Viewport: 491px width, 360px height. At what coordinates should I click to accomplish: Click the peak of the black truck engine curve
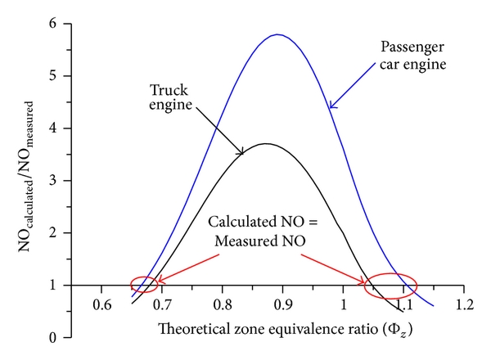coord(267,144)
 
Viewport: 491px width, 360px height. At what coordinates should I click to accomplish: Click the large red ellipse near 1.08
coord(390,285)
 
